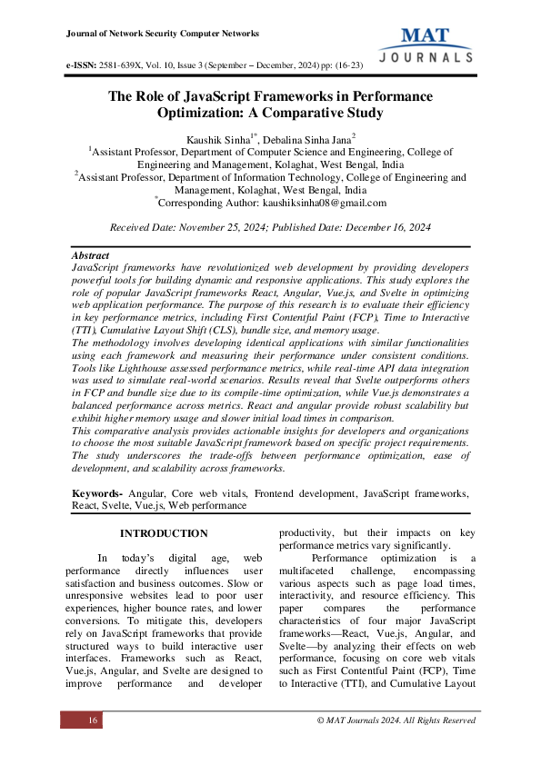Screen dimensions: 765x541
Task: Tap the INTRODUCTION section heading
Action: pos(164,532)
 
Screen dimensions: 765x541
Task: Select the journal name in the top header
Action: pos(163,34)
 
